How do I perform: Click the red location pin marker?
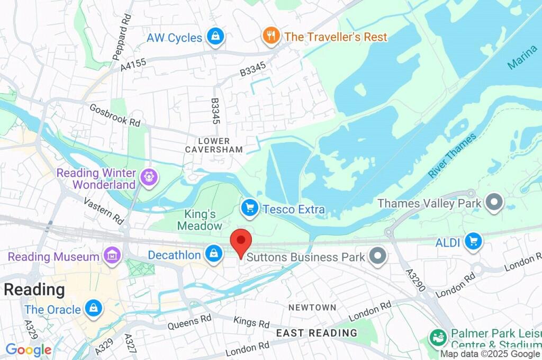(x=241, y=241)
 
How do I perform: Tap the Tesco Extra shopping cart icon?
(x=250, y=209)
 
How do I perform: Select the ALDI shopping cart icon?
(x=473, y=241)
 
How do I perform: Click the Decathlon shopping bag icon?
(x=213, y=254)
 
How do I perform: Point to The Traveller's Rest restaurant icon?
(x=271, y=36)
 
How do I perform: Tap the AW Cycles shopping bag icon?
(x=215, y=37)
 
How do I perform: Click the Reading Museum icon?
(x=112, y=256)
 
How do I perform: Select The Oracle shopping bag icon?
(x=94, y=308)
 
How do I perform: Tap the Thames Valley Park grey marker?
(x=494, y=203)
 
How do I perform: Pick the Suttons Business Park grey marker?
(x=378, y=257)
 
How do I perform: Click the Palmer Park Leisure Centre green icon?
(x=438, y=337)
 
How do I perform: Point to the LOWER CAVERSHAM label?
(x=214, y=145)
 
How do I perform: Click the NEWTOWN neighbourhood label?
(x=312, y=307)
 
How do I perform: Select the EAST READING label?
(x=317, y=333)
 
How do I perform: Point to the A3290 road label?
(x=415, y=280)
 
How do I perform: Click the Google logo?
(x=29, y=350)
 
